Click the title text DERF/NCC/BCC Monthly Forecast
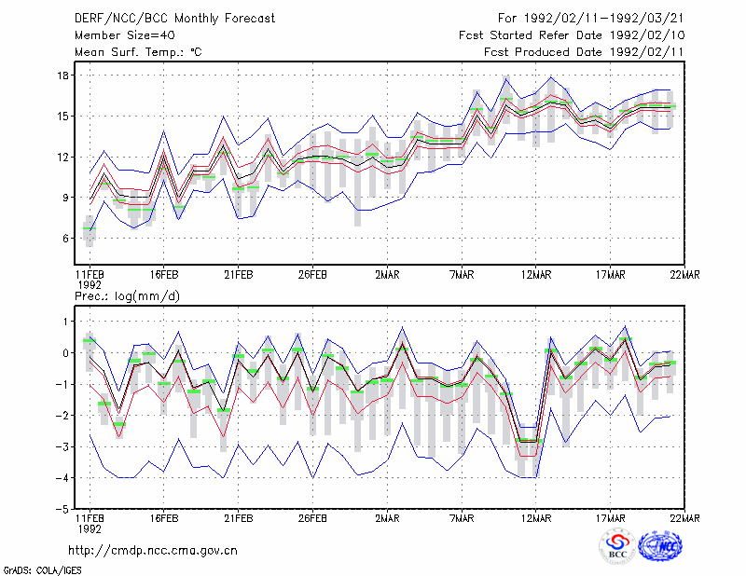[174, 19]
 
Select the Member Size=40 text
[125, 35]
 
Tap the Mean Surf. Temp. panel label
[138, 52]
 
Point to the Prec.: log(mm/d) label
[127, 296]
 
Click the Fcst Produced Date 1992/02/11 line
[584, 52]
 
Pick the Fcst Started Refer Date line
[572, 35]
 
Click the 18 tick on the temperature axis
[63, 75]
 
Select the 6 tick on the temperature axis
[65, 239]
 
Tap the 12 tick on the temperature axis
[63, 157]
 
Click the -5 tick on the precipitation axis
[62, 510]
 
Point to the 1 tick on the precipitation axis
[66, 322]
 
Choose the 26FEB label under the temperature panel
[312, 275]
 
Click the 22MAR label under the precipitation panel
[684, 518]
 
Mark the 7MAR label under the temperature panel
[462, 275]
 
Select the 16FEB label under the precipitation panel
[164, 518]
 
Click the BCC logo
[617, 547]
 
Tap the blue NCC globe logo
[660, 546]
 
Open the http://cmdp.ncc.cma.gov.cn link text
[153, 551]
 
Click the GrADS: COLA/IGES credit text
[42, 570]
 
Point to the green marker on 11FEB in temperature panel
[90, 228]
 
